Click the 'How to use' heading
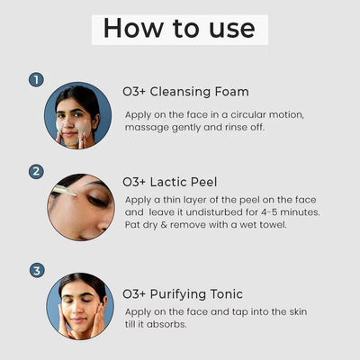click(179, 27)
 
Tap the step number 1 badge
click(36, 80)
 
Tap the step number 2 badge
click(36, 171)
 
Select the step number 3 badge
click(36, 270)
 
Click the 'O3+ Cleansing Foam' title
click(185, 91)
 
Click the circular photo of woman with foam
click(78, 116)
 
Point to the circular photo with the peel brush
click(80, 207)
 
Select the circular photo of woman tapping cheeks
click(80, 306)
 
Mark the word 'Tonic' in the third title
click(229, 293)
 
